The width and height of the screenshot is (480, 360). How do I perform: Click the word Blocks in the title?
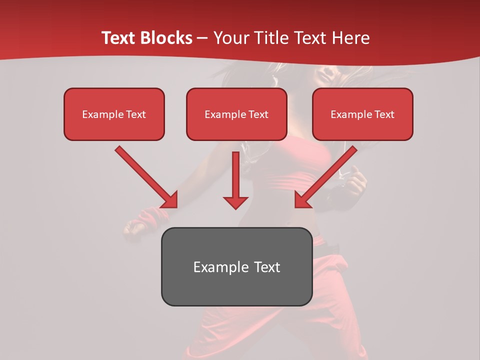(x=167, y=38)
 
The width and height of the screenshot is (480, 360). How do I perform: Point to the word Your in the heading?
(x=230, y=38)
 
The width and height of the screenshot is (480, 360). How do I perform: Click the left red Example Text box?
(x=114, y=114)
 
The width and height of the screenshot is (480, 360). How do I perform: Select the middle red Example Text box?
(x=236, y=114)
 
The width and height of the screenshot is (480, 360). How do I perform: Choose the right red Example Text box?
(x=362, y=114)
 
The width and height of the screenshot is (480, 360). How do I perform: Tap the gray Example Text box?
(x=236, y=266)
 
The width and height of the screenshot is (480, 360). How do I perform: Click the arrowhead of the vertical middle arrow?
(x=235, y=202)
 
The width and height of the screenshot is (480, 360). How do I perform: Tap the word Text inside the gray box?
(x=267, y=267)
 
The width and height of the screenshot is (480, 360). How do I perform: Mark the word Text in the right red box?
(x=384, y=114)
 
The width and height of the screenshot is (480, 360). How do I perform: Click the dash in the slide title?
(x=202, y=38)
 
